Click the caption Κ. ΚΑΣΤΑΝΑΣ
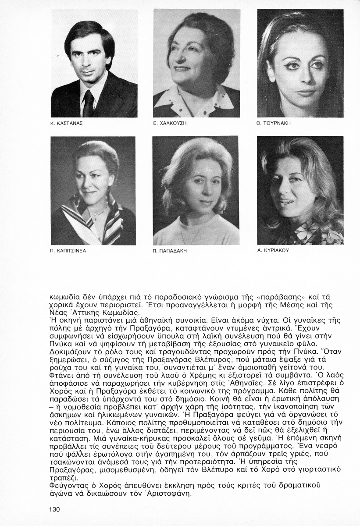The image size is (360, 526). point(67,124)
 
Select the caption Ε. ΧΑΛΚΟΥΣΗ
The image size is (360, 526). point(170,124)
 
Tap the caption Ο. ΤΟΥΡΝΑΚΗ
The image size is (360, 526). point(274,124)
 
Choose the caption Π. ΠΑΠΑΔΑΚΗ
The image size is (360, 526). point(170,251)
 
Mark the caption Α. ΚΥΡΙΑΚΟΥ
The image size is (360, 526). point(273,250)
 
